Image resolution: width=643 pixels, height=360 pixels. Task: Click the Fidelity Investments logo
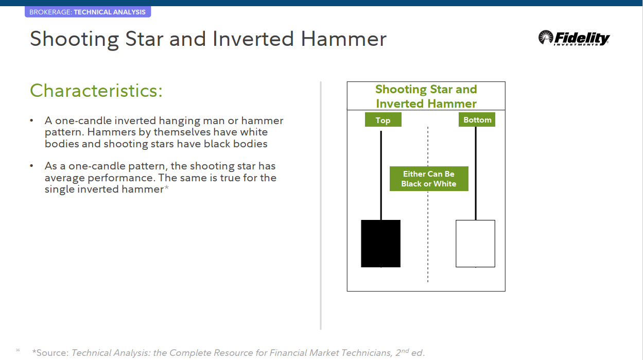click(574, 38)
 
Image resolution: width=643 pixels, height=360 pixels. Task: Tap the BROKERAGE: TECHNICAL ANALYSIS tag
click(88, 12)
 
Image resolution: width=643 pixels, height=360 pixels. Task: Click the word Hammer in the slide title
click(343, 39)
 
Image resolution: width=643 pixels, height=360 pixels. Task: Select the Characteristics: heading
click(96, 91)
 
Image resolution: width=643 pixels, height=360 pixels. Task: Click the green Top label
click(383, 119)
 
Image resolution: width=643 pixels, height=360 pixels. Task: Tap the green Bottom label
click(477, 119)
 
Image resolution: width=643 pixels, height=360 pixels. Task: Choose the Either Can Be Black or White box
click(429, 179)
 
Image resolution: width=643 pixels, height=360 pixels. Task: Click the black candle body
click(380, 244)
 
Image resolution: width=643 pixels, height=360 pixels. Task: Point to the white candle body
click(475, 244)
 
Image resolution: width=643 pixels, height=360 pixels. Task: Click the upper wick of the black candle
click(381, 176)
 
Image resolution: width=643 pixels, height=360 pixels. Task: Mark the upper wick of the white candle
click(476, 174)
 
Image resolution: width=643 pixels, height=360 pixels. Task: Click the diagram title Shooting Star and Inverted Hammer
click(426, 96)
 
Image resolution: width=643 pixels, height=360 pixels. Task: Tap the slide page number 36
click(18, 350)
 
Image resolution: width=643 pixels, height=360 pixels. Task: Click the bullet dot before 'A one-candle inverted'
click(31, 121)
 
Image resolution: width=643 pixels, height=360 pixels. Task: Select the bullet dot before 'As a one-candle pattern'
click(31, 166)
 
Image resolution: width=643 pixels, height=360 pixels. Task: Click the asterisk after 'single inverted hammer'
click(166, 187)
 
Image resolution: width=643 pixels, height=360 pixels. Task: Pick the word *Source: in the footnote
click(50, 353)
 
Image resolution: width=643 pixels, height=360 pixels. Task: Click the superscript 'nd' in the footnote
click(405, 351)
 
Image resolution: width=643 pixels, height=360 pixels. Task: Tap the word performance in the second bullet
click(122, 178)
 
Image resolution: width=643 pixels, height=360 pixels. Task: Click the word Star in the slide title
click(144, 39)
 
